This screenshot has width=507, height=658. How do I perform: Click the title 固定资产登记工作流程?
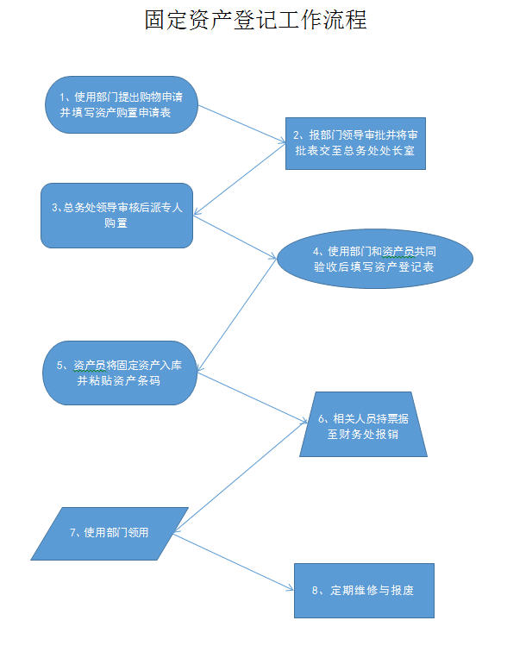click(255, 20)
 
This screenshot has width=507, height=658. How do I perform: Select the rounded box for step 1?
click(122, 105)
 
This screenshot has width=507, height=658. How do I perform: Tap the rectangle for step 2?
click(355, 143)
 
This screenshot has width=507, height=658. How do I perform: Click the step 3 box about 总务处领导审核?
click(116, 216)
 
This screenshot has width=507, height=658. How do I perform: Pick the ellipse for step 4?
click(375, 259)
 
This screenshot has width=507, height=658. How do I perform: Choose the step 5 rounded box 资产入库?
click(120, 373)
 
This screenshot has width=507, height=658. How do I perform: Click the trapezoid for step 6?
click(364, 424)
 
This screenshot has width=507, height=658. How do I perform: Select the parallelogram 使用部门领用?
click(110, 534)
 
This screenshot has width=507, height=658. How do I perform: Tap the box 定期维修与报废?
click(364, 591)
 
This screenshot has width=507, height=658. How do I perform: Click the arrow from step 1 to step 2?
click(241, 124)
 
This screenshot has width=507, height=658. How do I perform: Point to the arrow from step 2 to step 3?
click(240, 179)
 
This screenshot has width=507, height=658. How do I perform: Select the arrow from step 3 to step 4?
click(235, 237)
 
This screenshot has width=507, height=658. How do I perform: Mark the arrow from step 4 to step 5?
click(237, 315)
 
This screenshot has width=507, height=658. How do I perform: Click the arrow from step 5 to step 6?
click(253, 398)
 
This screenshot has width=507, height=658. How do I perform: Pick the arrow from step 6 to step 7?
click(241, 478)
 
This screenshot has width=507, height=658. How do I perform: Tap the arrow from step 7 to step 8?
click(234, 562)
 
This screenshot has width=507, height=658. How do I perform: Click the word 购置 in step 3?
click(116, 222)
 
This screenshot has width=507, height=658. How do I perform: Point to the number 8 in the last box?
click(315, 591)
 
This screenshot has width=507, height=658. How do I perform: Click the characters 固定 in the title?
click(166, 20)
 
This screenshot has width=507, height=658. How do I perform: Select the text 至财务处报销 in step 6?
click(363, 434)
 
